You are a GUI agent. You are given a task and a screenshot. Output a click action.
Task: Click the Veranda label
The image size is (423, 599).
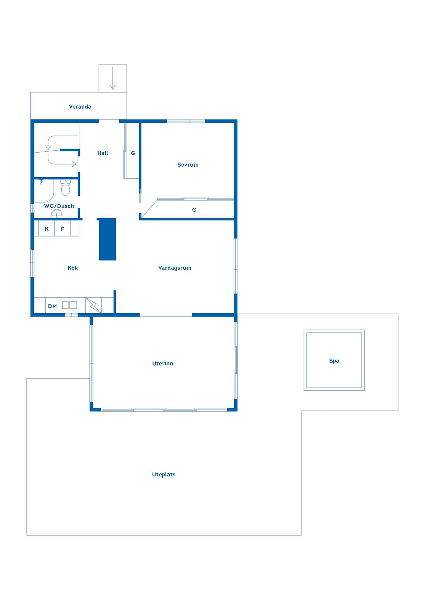coord(80,107)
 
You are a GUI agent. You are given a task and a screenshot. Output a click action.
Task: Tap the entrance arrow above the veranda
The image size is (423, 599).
coord(113,78)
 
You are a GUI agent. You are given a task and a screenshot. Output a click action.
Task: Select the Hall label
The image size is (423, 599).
coord(103,153)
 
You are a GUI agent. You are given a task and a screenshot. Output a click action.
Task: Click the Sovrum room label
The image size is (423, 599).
coord(188,165)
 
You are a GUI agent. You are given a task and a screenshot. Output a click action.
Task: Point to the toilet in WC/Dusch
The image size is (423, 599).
coord(65,187)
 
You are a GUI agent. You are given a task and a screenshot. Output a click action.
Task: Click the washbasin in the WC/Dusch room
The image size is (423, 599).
coord(57,214)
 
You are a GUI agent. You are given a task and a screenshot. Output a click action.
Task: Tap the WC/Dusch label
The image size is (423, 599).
coord(59,206)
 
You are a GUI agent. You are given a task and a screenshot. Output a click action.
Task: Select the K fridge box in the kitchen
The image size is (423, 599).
coord(47,228)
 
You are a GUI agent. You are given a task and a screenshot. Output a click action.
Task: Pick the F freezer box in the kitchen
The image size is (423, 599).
coord(62,228)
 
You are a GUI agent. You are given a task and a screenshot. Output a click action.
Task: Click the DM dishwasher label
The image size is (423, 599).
coord(53,306)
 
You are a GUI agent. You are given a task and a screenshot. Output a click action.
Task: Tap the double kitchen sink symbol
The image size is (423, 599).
coord(70,305)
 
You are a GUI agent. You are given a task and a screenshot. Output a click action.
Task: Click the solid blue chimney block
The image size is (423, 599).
coord(107,239)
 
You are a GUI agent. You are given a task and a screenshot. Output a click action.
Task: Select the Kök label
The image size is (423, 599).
coord(73,268)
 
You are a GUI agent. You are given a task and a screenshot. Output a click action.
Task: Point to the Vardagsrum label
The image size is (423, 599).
coord(175,268)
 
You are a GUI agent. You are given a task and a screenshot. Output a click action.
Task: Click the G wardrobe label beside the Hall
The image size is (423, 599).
coord(133,153)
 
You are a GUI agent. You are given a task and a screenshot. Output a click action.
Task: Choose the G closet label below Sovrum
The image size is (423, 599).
coord(194,210)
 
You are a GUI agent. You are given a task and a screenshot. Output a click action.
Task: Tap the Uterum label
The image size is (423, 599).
coord(163,363)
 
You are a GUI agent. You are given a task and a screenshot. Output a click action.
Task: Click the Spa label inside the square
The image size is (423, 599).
coord(334,361)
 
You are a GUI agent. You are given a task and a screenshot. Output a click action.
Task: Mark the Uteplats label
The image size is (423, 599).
coord(164,475)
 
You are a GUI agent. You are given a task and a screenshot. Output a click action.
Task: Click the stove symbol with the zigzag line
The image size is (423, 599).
coord(93,305)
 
